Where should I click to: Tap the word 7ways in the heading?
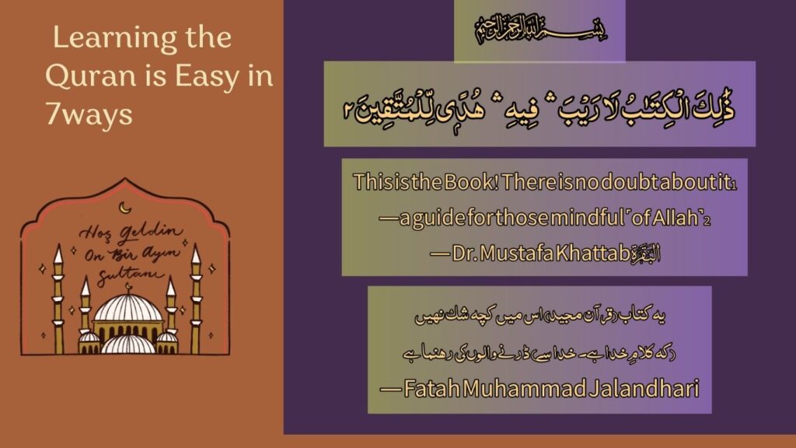(89, 115)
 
